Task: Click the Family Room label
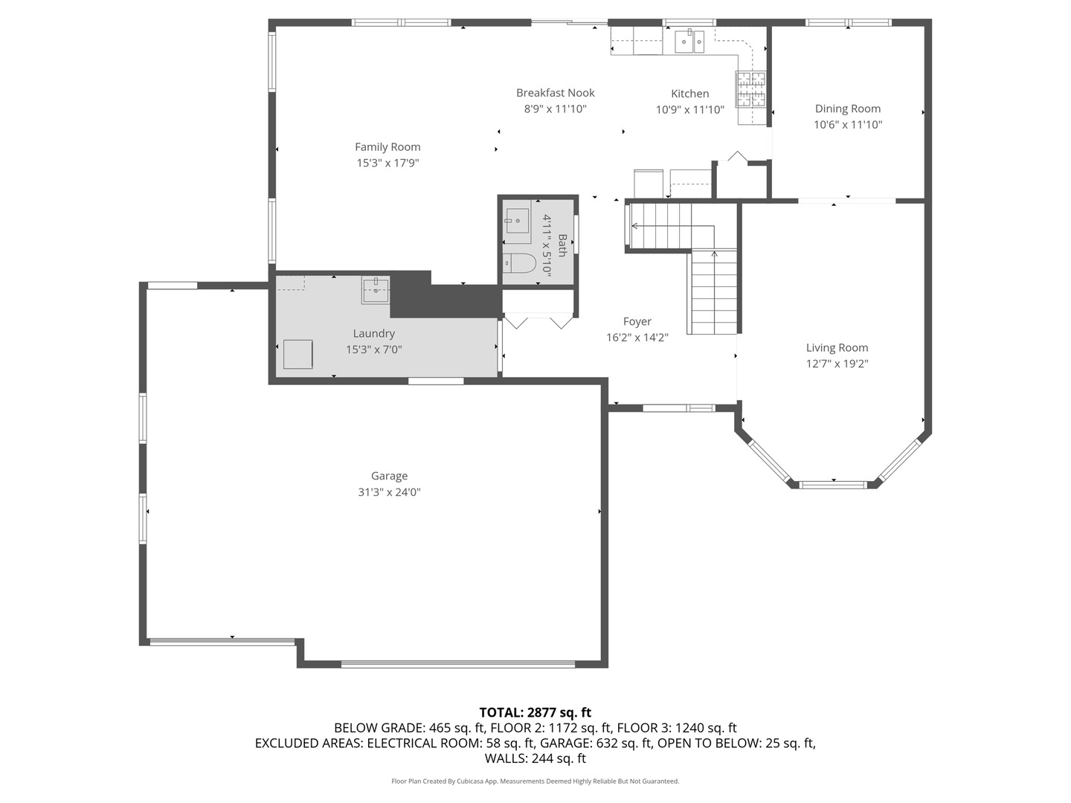tap(387, 147)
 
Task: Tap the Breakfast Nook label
tap(556, 93)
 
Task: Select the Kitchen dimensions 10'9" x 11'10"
tap(689, 110)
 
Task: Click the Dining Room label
tap(847, 109)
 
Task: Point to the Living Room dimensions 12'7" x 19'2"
tap(837, 364)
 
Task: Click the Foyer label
tap(637, 321)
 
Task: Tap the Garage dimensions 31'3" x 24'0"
tap(389, 492)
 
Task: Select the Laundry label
tap(373, 334)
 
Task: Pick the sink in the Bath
tap(517, 221)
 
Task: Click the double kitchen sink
tap(689, 42)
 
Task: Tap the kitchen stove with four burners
tap(751, 89)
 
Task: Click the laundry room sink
tap(376, 290)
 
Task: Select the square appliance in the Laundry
tap(297, 354)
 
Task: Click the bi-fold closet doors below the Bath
tap(538, 321)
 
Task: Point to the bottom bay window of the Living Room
tap(833, 484)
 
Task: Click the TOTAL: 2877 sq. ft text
tap(535, 712)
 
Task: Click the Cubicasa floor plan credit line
tap(535, 781)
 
